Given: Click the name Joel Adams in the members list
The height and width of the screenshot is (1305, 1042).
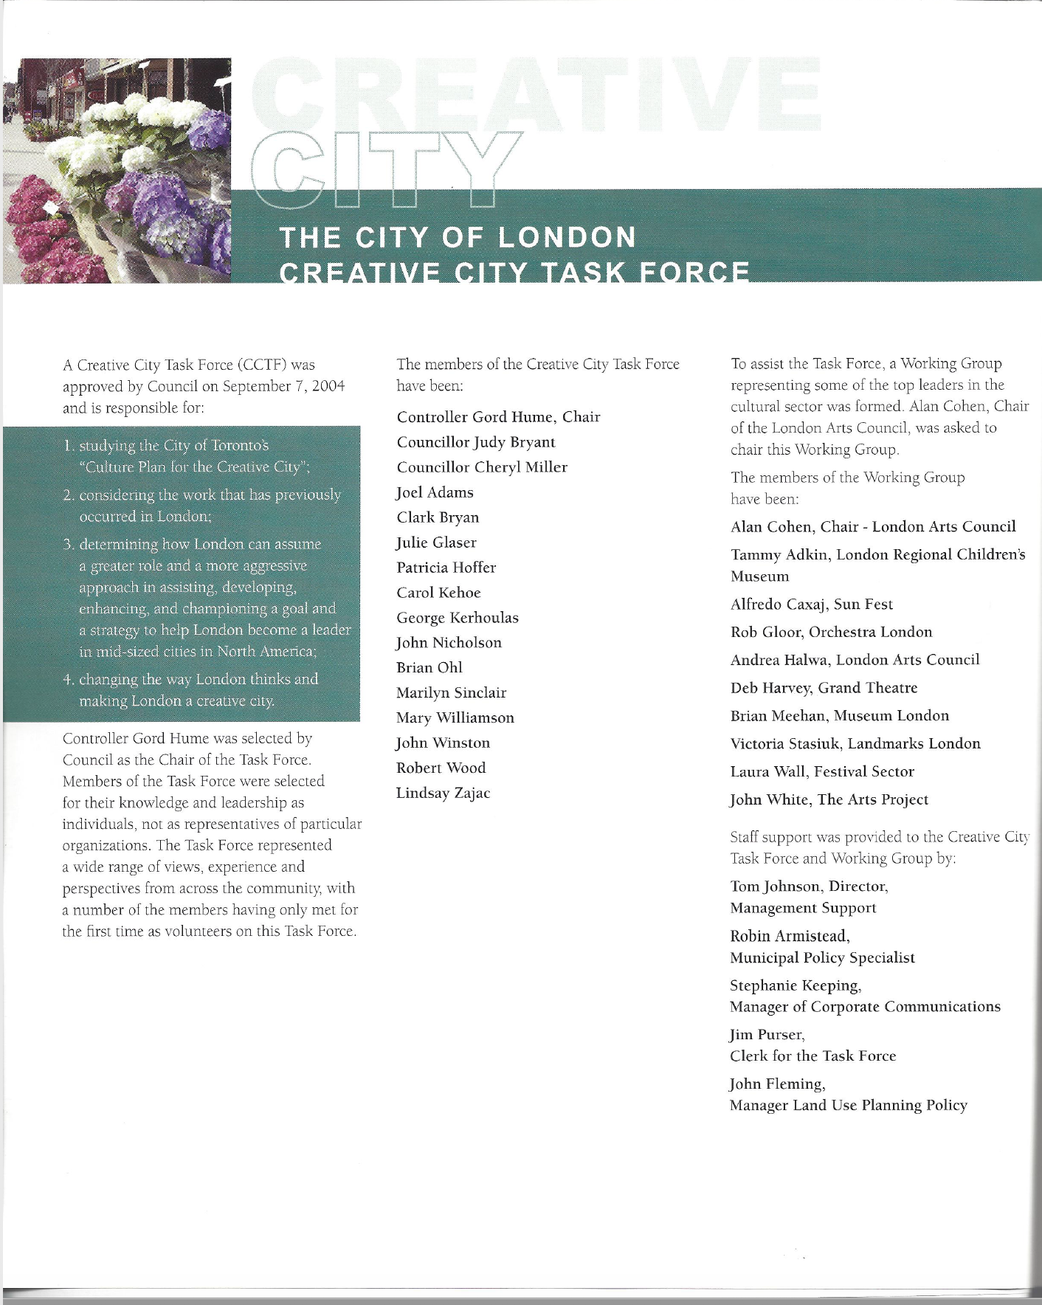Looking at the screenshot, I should (435, 492).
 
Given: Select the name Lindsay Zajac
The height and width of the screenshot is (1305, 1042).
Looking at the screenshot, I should (443, 793).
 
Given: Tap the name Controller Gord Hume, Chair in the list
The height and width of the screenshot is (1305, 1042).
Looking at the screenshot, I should (498, 417).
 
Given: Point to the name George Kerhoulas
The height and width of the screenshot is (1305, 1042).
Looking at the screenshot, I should (457, 618).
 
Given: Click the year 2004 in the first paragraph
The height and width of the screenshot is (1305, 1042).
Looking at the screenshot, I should (328, 386).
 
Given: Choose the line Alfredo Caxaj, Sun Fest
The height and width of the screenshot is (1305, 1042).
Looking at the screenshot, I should (811, 605).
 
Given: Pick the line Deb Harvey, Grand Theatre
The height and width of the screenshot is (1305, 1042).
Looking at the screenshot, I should (824, 688).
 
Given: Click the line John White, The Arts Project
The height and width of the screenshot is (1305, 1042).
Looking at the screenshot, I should (829, 799).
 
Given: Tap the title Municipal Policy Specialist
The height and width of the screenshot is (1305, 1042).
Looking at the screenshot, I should (822, 957).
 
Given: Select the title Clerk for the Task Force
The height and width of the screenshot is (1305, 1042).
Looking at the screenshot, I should (812, 1056).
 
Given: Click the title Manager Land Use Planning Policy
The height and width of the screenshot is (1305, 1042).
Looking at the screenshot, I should (848, 1105).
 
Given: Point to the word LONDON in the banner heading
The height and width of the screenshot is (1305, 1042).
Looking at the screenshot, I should (567, 238).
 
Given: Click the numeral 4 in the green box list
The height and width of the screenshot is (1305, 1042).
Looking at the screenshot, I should (68, 679).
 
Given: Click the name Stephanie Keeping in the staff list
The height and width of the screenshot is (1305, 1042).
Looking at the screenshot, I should (794, 985).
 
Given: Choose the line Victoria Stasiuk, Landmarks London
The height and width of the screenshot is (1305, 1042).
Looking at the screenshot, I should (855, 743).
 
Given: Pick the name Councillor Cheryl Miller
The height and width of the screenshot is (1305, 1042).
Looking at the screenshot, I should (482, 467).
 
